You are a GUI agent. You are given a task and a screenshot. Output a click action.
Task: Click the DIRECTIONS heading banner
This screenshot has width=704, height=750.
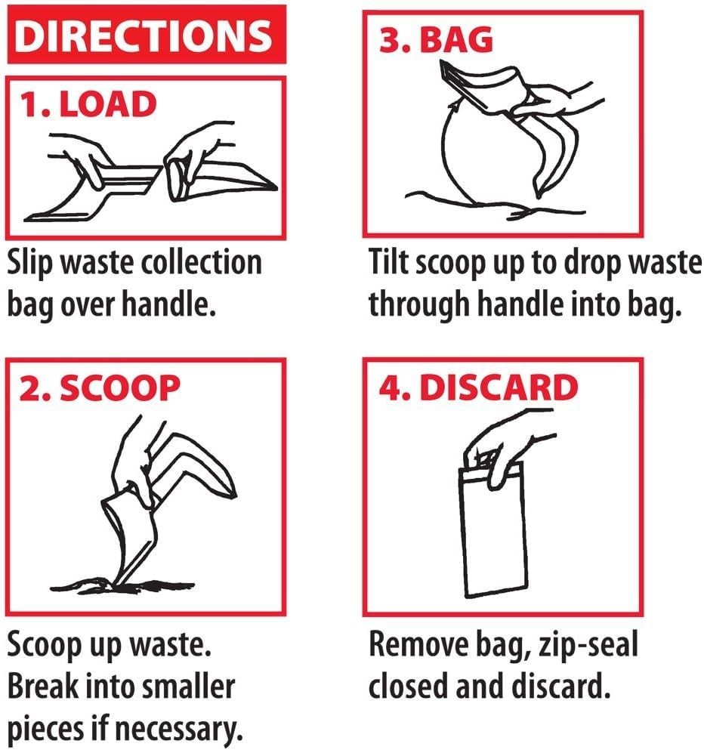coord(147,35)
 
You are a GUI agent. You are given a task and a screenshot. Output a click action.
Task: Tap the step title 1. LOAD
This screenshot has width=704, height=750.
coord(88,104)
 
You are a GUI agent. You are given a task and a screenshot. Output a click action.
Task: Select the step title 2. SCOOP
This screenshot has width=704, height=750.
coord(100,387)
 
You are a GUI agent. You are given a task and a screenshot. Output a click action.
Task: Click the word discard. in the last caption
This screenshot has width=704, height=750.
coord(561,686)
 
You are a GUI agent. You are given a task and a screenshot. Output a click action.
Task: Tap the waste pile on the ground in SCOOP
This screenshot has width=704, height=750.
coord(122,585)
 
